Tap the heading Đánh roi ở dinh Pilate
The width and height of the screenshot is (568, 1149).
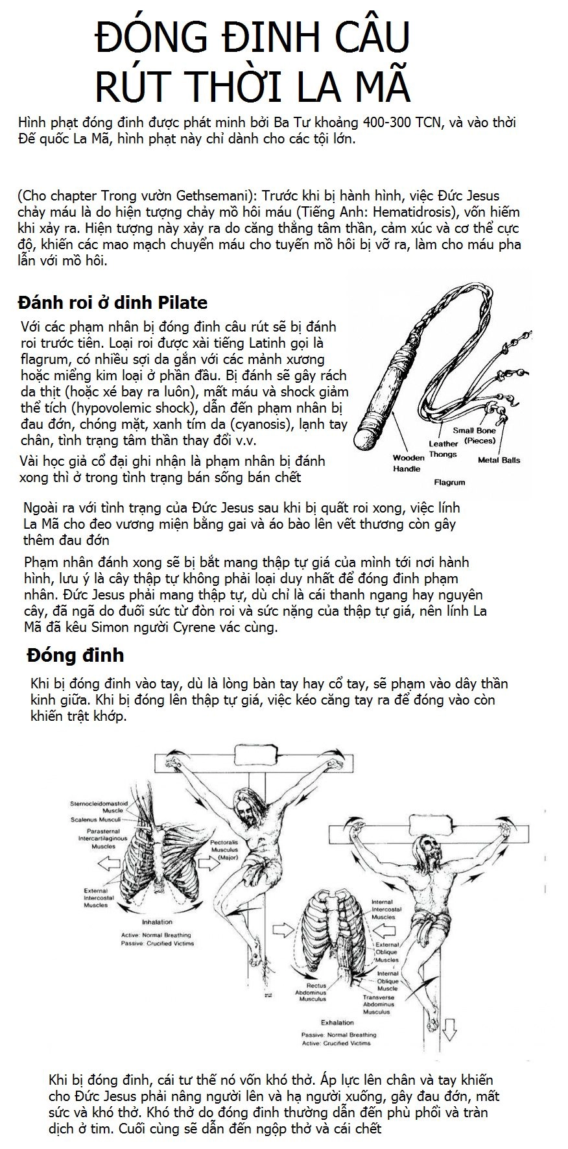pyautogui.click(x=113, y=302)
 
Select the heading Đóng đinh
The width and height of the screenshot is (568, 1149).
pyautogui.click(x=75, y=655)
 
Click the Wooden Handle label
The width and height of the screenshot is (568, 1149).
pyautogui.click(x=408, y=463)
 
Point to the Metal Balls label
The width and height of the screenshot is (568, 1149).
pyautogui.click(x=499, y=460)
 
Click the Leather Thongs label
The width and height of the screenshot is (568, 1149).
pyautogui.click(x=443, y=449)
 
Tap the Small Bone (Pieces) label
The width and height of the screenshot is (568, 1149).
pyautogui.click(x=475, y=435)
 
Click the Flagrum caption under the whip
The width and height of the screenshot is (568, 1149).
pyautogui.click(x=449, y=483)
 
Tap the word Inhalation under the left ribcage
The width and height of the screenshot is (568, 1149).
pyautogui.click(x=157, y=921)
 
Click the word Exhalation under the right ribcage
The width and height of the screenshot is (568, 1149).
pyautogui.click(x=337, y=1022)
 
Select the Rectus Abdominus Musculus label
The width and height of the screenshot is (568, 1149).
pyautogui.click(x=312, y=992)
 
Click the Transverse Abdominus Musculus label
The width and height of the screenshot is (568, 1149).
pyautogui.click(x=378, y=1004)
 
